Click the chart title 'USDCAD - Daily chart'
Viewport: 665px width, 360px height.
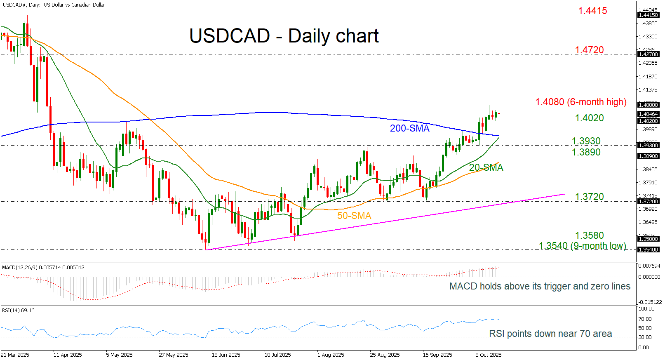pyautogui.click(x=284, y=36)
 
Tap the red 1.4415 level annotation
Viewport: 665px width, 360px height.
pyautogui.click(x=592, y=11)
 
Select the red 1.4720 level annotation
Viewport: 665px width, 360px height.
pyautogui.click(x=589, y=50)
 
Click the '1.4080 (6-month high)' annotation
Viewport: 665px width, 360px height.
pyautogui.click(x=580, y=102)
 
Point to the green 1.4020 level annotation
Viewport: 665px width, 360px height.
pyautogui.click(x=589, y=118)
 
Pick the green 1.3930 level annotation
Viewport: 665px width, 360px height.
pyautogui.click(x=586, y=141)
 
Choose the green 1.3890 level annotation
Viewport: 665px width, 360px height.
pyautogui.click(x=586, y=152)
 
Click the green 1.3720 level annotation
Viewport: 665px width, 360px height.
pyautogui.click(x=589, y=197)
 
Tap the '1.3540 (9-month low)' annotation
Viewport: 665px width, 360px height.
pyautogui.click(x=582, y=246)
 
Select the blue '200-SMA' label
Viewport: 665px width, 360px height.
pyautogui.click(x=409, y=129)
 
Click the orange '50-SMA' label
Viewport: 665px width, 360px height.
pyautogui.click(x=354, y=216)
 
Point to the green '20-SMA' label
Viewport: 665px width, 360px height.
pyautogui.click(x=486, y=167)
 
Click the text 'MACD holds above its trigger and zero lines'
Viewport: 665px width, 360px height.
pyautogui.click(x=540, y=286)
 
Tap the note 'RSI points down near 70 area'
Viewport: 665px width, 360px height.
pyautogui.click(x=550, y=334)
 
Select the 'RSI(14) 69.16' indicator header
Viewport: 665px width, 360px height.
pyautogui.click(x=18, y=311)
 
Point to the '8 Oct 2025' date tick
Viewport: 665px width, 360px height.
pyautogui.click(x=488, y=355)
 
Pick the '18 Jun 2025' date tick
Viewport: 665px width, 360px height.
pyautogui.click(x=226, y=355)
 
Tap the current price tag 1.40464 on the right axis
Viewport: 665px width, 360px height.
pyautogui.click(x=648, y=114)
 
